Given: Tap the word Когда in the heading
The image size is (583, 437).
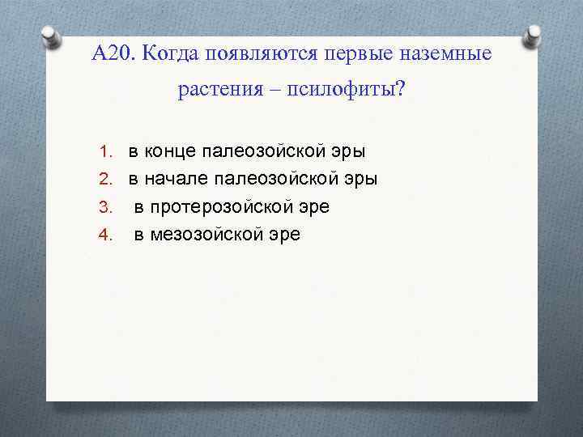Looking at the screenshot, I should (172, 55).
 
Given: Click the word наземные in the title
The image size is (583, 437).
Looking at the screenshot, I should (449, 55).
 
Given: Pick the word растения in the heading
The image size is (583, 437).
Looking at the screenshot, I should (215, 90).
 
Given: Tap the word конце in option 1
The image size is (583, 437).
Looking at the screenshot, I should (171, 151).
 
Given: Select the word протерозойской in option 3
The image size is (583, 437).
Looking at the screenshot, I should (223, 207).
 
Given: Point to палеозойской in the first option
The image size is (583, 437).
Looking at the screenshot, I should (266, 151).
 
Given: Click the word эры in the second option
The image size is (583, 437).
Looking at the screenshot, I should (361, 179).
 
